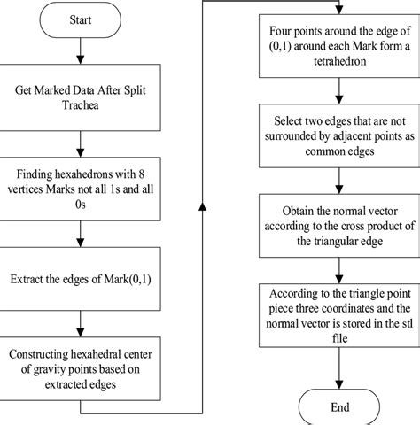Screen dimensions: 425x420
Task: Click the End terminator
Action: point(339,407)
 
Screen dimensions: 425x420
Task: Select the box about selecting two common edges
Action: point(339,143)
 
